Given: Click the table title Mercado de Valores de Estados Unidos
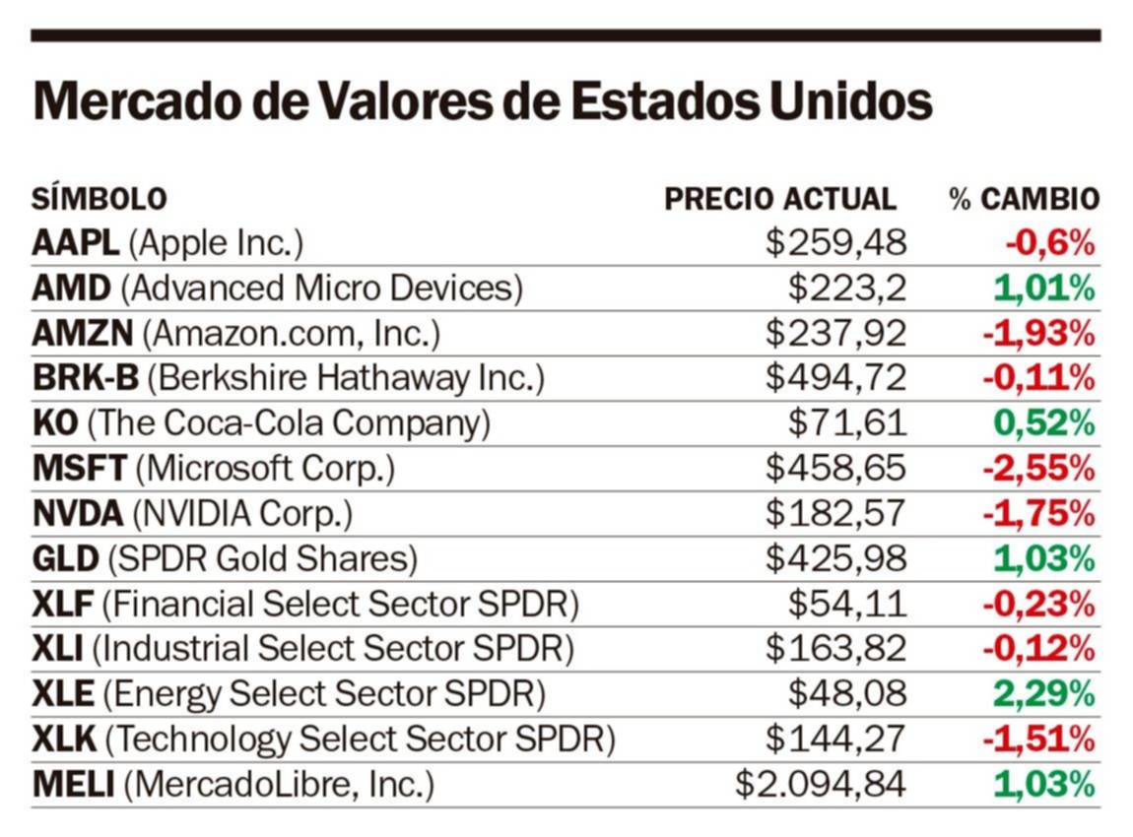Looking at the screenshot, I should pos(482,101).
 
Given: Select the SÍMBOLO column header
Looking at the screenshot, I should pos(99,199).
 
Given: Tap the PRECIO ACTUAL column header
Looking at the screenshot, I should pos(780,199).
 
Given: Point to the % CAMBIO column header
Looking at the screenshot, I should pos(1024,199).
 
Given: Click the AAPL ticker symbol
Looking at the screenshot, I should pos(75,243).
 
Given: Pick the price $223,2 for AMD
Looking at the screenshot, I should pos(846,289).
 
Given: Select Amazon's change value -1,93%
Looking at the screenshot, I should pos(1038,334).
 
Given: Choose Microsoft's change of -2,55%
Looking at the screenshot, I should pos(1038,469).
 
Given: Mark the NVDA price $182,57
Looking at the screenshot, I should pos(835,514).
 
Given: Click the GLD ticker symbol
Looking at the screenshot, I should pos(65,559).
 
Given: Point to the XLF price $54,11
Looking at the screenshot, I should pos(846,604).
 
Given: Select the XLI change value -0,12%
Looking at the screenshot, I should pos(1038,649).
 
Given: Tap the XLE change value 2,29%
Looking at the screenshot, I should pos(1043,694).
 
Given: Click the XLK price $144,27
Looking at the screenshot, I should pos(835,740).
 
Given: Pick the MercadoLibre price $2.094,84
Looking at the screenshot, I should pos(820,785).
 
